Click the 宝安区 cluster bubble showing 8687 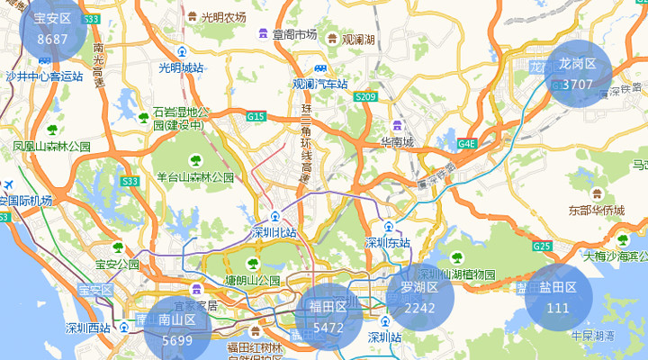click(x=52, y=29)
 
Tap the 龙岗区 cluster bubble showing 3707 click(x=578, y=73)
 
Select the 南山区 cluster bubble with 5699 click(x=177, y=329)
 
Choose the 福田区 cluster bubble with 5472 click(x=328, y=317)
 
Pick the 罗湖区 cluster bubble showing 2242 click(x=419, y=297)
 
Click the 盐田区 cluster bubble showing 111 click(x=558, y=297)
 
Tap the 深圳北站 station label click(x=274, y=233)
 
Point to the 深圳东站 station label click(x=388, y=242)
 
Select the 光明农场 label click(x=223, y=17)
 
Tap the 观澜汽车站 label click(x=319, y=84)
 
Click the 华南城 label click(x=396, y=142)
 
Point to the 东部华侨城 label click(x=596, y=210)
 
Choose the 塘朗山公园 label click(x=254, y=280)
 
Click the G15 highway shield click(x=256, y=116)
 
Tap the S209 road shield click(x=365, y=96)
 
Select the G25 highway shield click(x=541, y=246)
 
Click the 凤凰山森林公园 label click(x=51, y=146)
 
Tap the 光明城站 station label click(x=182, y=67)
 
